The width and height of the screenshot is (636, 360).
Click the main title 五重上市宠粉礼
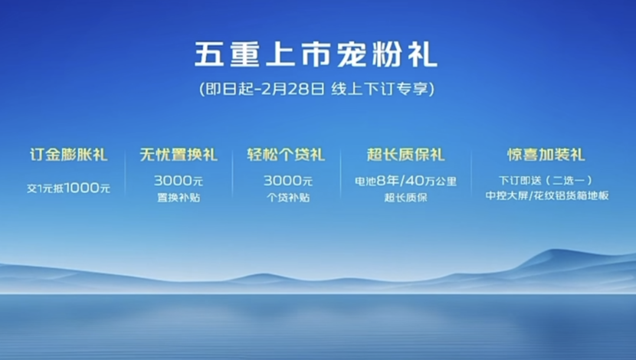point(316,54)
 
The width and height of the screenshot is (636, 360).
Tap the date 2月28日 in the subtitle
point(293,88)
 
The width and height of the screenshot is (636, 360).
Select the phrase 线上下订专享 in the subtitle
point(379,88)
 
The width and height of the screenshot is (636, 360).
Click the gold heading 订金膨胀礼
point(69,155)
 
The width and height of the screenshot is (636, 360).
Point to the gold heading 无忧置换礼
point(179,155)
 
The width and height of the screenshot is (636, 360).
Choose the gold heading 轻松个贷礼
point(286,155)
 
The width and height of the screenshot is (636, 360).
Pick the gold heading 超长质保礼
point(405,155)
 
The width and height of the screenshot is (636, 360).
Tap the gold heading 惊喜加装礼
point(546,155)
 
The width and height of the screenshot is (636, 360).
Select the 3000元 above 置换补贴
point(179,181)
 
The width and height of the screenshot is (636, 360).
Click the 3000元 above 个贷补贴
point(288,181)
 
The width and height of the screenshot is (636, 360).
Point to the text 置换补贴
point(179,198)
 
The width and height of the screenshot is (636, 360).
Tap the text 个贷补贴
point(288,198)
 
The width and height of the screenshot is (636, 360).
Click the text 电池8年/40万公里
point(405,181)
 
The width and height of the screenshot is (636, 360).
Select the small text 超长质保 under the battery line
point(405,198)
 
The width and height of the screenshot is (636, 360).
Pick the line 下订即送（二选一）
point(546,180)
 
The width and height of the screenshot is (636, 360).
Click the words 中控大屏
point(507,195)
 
